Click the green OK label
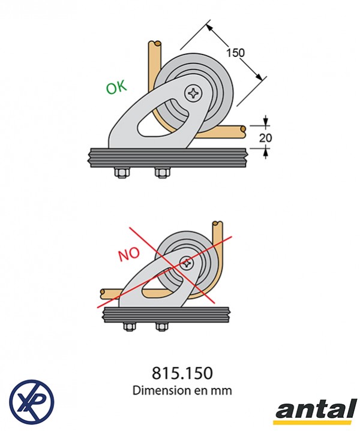(116, 87)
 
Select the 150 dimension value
(235, 53)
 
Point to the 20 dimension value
(265, 138)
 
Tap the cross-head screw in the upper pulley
(194, 93)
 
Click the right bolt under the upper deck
(161, 173)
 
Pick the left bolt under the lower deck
(128, 326)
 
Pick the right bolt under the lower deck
(161, 326)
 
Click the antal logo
(314, 412)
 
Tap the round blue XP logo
(32, 400)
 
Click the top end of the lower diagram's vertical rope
(217, 226)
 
